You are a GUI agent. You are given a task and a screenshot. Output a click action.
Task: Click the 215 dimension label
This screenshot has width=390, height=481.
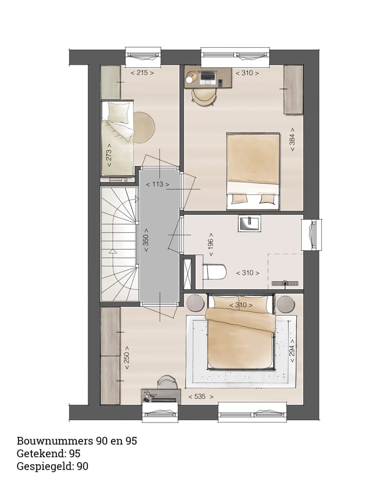pyautogui.click(x=142, y=72)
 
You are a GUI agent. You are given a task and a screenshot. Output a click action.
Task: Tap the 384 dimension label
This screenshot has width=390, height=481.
pyautogui.click(x=292, y=139)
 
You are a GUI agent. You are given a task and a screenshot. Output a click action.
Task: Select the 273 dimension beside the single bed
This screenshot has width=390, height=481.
pyautogui.click(x=109, y=155)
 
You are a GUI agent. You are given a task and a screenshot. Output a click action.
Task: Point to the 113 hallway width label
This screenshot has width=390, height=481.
pyautogui.click(x=157, y=184)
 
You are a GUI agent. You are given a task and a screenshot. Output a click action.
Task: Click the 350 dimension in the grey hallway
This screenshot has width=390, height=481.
pyautogui.click(x=145, y=240)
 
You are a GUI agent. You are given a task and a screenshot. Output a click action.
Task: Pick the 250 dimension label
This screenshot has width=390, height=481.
pyautogui.click(x=127, y=358)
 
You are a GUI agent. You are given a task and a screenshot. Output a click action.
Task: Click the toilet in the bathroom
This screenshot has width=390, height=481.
pyautogui.click(x=214, y=271)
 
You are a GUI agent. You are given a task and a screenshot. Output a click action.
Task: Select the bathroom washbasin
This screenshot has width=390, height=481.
pyautogui.click(x=249, y=223)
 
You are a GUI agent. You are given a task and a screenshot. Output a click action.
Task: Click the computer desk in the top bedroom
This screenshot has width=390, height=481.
pyautogui.click(x=208, y=77)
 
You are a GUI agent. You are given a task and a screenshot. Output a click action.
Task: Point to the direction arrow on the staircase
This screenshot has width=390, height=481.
pyautogui.click(x=113, y=251)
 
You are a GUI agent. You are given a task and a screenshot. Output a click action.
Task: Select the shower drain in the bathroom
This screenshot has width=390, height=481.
pyautogui.click(x=284, y=283)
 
